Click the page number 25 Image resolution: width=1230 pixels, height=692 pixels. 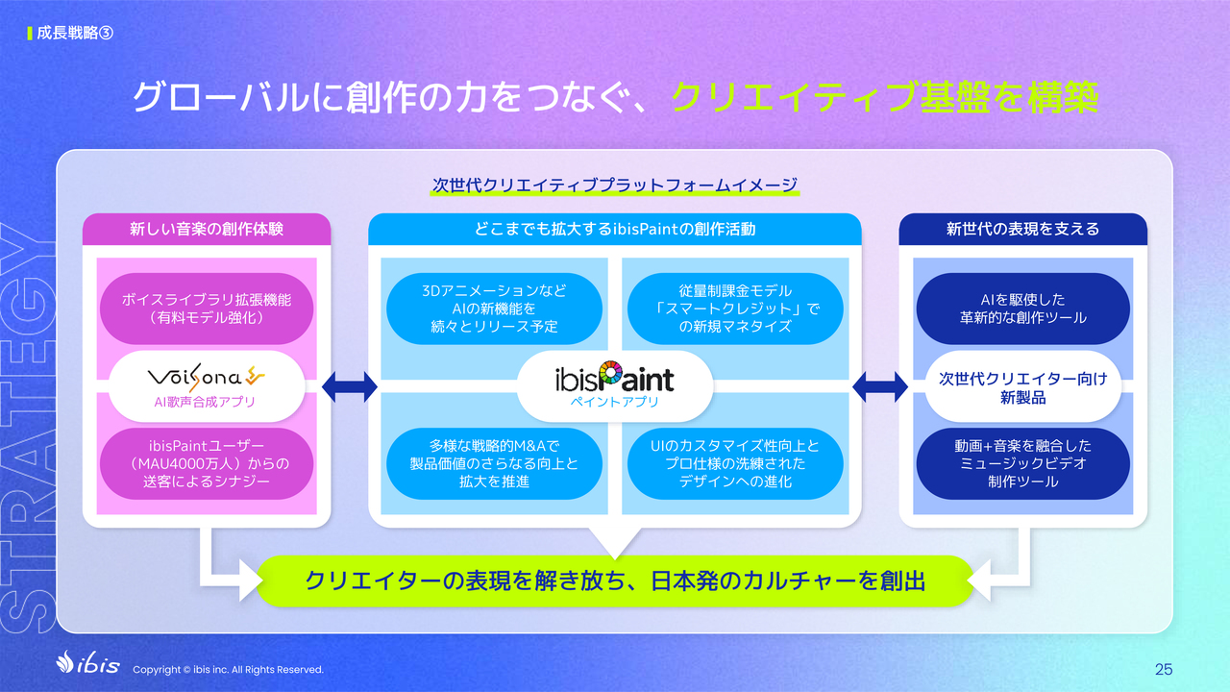[x=1164, y=669]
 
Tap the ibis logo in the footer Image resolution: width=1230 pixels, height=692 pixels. [x=87, y=662]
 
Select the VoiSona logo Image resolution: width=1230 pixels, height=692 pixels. [x=206, y=377]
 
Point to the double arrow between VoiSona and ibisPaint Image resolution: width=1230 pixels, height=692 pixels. [x=349, y=386]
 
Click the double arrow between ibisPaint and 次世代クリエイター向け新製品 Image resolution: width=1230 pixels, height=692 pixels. [x=879, y=386]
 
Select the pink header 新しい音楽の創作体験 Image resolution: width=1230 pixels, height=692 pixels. [x=207, y=229]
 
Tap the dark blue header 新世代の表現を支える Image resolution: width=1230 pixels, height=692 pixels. [x=1023, y=229]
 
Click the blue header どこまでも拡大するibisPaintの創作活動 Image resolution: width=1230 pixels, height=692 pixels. [x=614, y=229]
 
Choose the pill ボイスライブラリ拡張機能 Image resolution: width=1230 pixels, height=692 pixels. [x=207, y=309]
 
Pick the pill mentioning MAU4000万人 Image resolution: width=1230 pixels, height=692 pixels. [x=207, y=463]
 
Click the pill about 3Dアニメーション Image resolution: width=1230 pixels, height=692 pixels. [x=494, y=309]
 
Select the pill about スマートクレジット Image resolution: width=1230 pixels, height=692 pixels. [x=735, y=309]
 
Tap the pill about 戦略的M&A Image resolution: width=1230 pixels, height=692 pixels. [x=494, y=463]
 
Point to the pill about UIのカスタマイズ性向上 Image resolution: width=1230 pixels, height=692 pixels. [x=735, y=463]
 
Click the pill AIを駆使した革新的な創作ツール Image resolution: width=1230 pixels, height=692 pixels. [x=1023, y=309]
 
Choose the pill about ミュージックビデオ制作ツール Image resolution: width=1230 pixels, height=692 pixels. [x=1023, y=463]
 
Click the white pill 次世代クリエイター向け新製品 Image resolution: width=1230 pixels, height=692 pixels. [x=1023, y=386]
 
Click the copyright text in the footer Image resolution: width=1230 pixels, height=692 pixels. [x=228, y=670]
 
